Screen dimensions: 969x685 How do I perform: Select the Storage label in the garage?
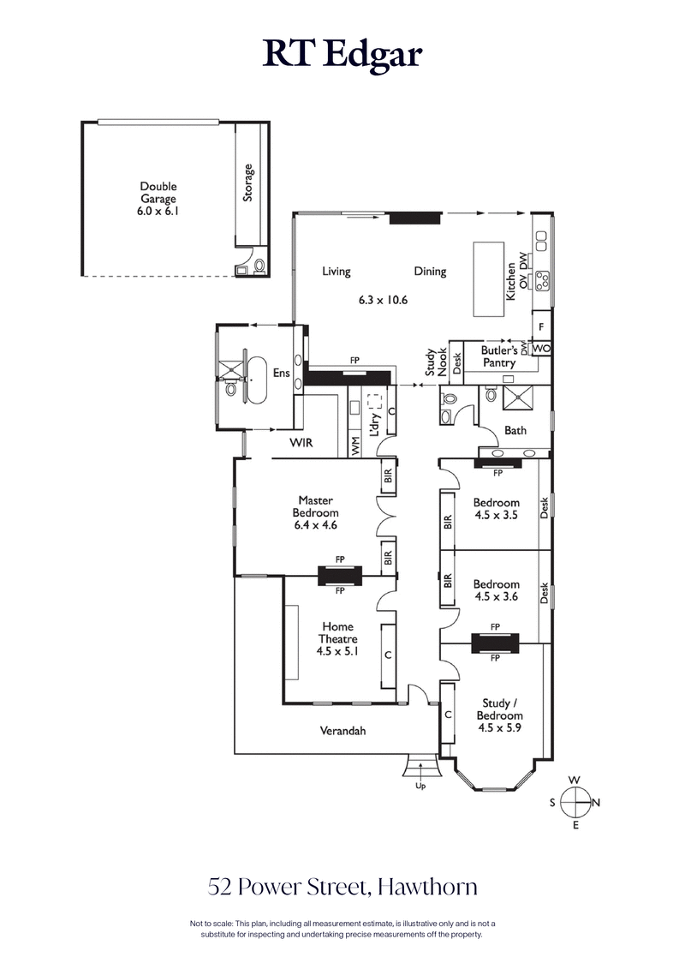coord(248,182)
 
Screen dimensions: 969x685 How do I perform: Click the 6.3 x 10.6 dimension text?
coord(383,301)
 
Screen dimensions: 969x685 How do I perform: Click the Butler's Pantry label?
coord(498,356)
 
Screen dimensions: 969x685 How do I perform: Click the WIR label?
coord(300,442)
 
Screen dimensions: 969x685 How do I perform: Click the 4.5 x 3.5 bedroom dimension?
coord(497,516)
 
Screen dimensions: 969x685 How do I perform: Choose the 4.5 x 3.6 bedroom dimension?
coord(497,598)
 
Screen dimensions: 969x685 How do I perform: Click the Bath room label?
coord(515,431)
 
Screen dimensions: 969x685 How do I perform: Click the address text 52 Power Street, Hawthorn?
coord(342,885)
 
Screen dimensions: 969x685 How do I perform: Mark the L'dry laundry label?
coord(374,422)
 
